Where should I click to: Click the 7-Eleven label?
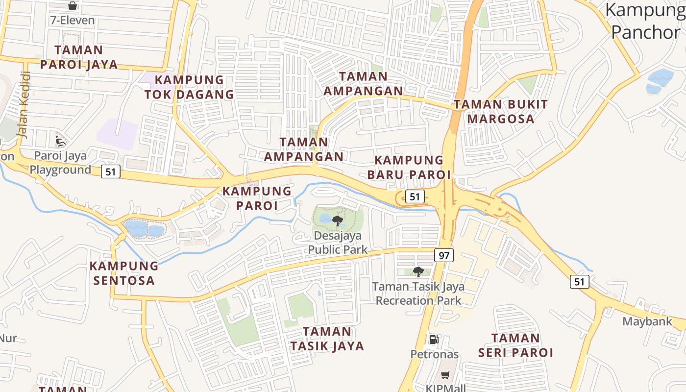point(72,21)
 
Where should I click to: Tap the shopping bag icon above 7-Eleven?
point(73,6)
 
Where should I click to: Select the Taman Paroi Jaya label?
point(79,57)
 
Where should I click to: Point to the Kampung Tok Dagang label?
point(189,87)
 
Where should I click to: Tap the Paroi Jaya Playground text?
point(60,163)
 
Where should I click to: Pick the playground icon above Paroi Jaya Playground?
point(60,142)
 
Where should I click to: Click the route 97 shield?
point(443,255)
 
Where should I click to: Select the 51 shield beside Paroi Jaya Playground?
point(111,171)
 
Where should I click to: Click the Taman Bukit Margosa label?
point(500,111)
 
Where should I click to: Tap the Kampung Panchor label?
point(646,21)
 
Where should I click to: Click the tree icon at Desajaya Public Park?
point(337,221)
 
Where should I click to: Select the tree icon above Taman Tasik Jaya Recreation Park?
point(418,272)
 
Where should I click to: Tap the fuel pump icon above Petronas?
point(434,339)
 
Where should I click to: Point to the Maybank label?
point(647,321)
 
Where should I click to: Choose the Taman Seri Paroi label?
point(515,345)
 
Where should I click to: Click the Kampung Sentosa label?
point(124,273)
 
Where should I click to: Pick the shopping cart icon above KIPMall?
point(445,375)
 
